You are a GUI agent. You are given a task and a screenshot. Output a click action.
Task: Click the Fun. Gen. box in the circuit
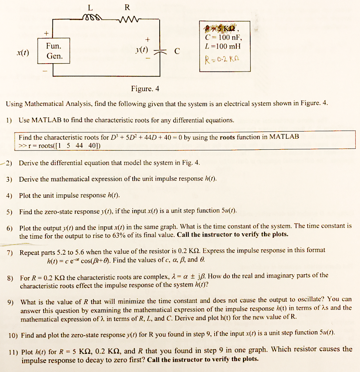54,51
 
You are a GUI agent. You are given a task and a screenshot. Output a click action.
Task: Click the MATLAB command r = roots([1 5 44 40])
60,145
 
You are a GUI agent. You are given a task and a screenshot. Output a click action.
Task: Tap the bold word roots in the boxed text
227,137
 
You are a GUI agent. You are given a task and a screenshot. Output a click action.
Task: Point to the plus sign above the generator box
47,33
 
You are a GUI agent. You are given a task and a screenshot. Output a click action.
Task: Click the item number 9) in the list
11,302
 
